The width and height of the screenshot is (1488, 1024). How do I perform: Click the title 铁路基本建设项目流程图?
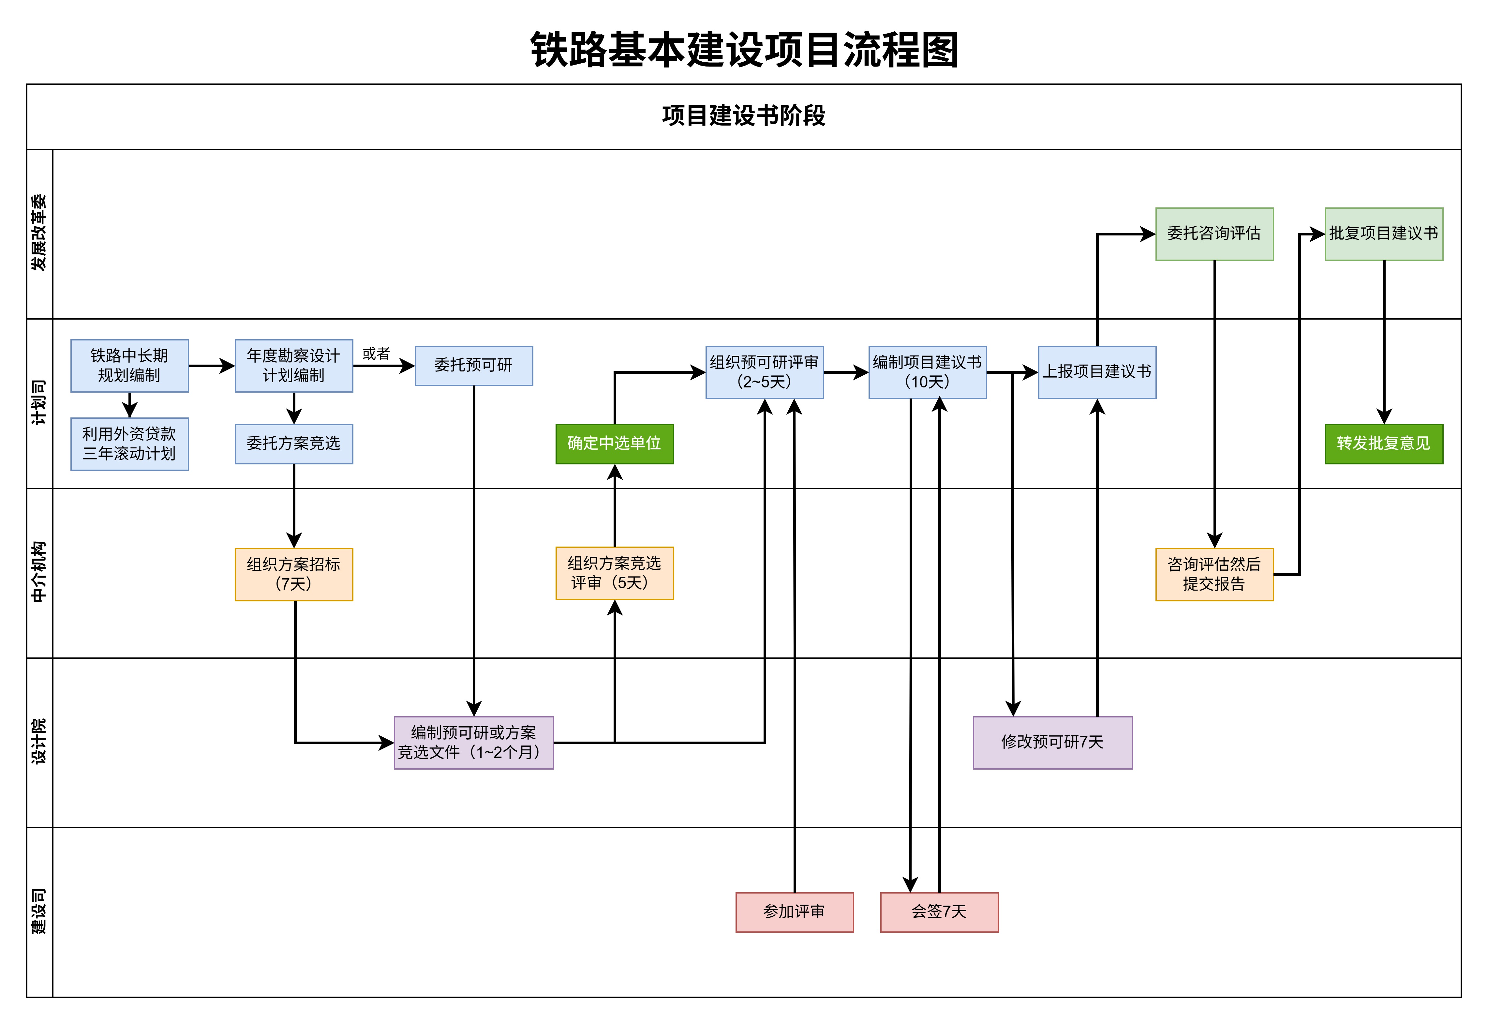[x=744, y=50]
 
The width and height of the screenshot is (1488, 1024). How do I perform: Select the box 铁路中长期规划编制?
[x=129, y=366]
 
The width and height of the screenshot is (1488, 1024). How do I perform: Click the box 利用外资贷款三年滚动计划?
[x=129, y=444]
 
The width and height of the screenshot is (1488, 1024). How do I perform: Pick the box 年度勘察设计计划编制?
[x=294, y=366]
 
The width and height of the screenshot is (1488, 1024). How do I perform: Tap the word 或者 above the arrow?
[x=376, y=354]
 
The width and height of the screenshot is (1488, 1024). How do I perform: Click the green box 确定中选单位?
[x=615, y=444]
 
